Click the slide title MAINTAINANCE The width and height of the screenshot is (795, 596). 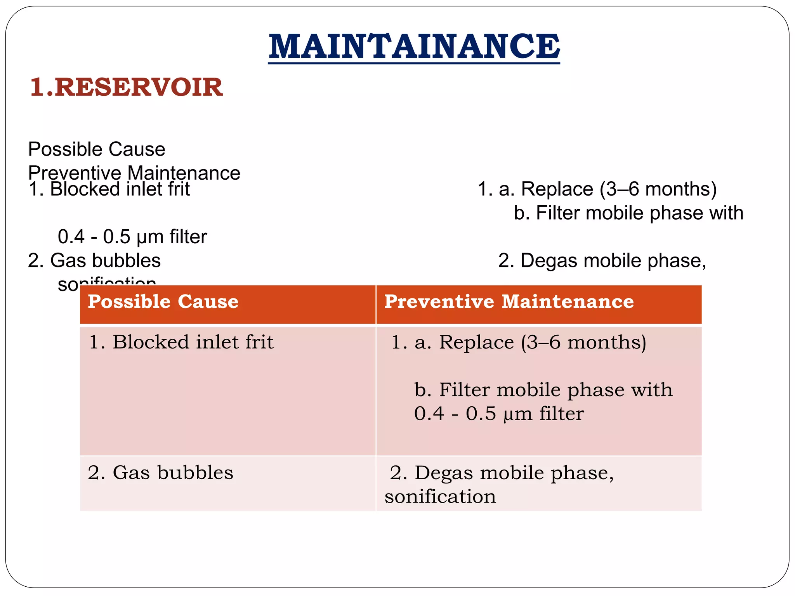click(414, 47)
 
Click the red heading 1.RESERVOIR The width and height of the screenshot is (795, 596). click(126, 87)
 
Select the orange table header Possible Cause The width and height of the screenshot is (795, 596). click(163, 302)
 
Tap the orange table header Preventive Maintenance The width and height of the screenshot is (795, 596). click(509, 302)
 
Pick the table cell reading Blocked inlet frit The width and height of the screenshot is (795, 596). click(181, 342)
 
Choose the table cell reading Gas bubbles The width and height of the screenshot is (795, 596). click(161, 473)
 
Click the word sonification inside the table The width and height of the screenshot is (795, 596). click(440, 497)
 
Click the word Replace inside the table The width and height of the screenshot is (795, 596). click(476, 342)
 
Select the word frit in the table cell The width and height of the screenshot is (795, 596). click(259, 342)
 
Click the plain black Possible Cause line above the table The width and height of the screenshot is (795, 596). click(97, 149)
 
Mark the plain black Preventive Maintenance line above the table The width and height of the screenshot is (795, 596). click(134, 173)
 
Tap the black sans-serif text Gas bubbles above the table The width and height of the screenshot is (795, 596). click(94, 260)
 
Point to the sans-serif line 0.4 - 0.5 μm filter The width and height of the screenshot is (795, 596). click(132, 237)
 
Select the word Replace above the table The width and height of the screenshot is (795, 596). click(557, 189)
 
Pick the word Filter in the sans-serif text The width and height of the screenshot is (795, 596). click(558, 213)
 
